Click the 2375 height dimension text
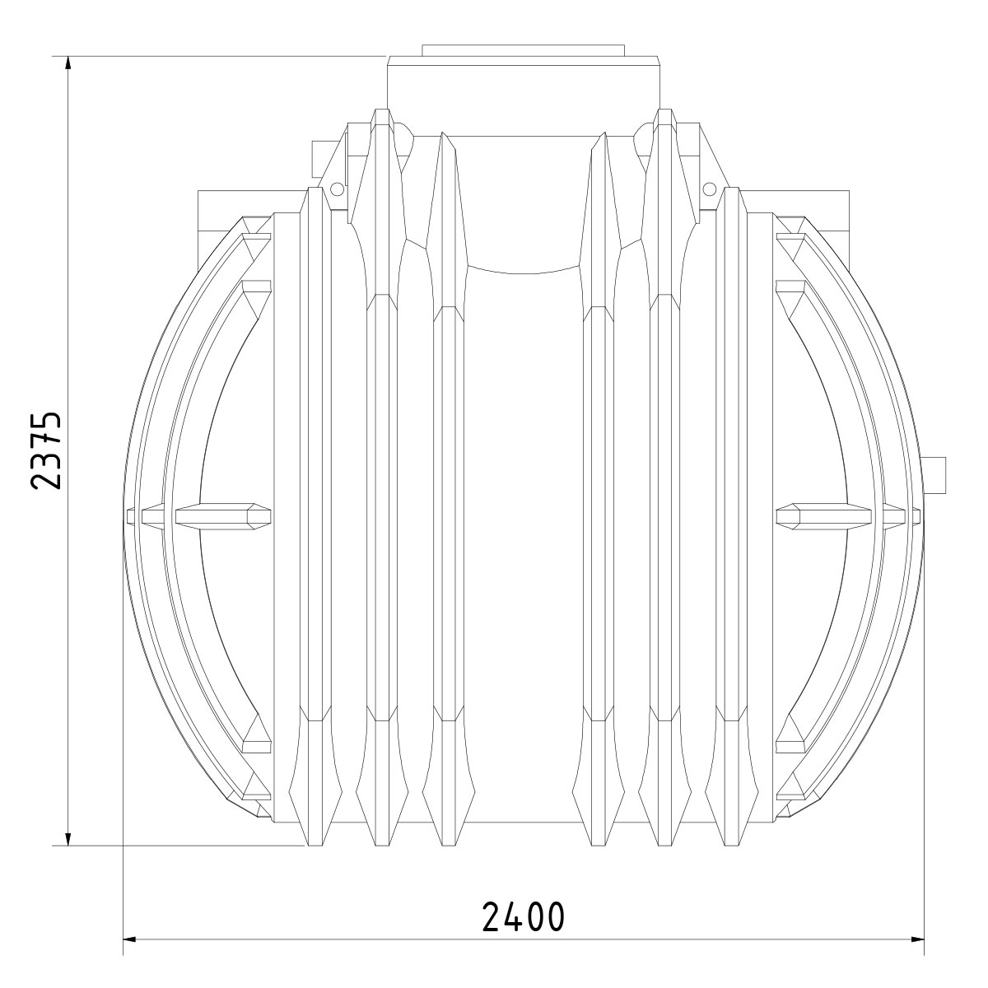point(46,450)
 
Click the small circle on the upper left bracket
point(337,189)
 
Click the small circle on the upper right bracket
point(710,189)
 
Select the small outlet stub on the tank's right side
point(934,474)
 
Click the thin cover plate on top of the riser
point(524,51)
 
